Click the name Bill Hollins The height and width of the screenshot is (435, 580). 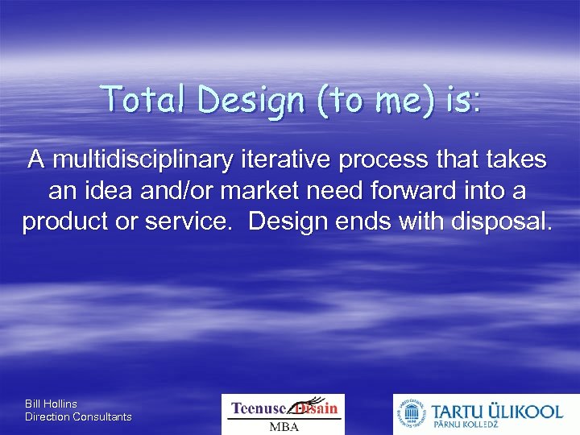pyautogui.click(x=52, y=404)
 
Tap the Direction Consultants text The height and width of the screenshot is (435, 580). pyautogui.click(x=78, y=416)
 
